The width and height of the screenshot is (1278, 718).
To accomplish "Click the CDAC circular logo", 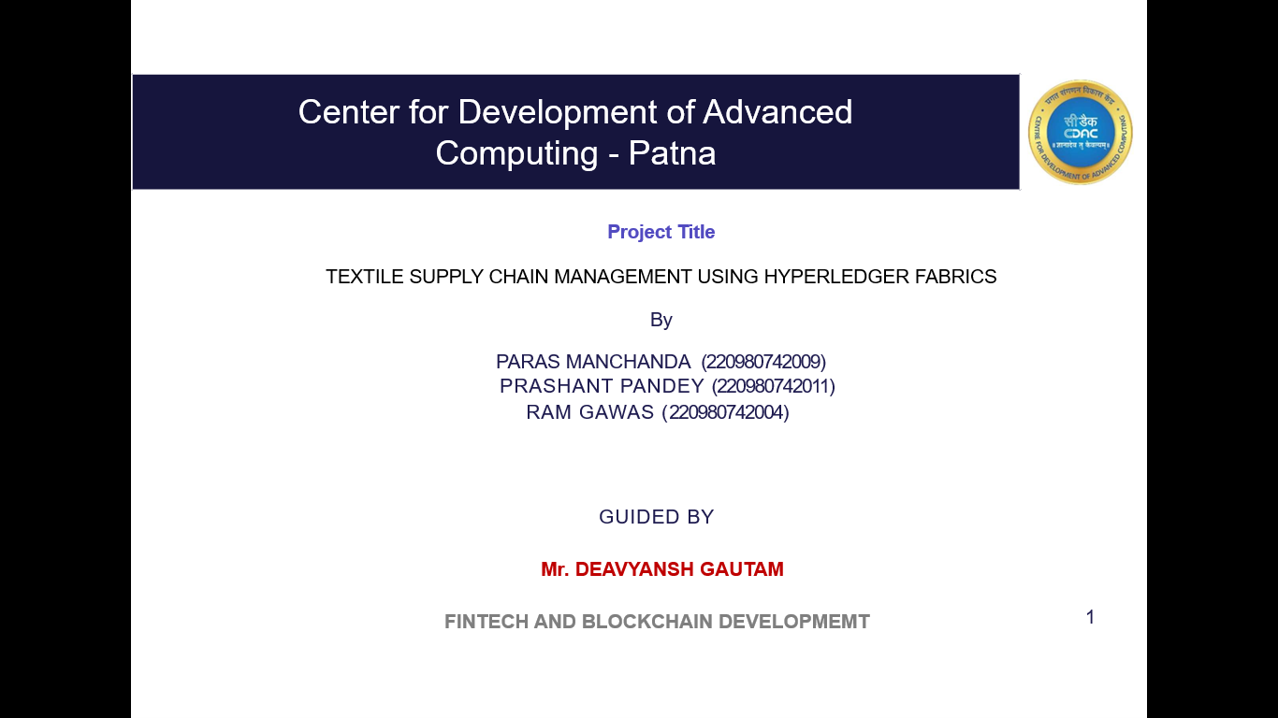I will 1080,132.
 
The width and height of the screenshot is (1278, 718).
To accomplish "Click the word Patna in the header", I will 672,152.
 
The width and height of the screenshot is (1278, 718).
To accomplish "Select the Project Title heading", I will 661,232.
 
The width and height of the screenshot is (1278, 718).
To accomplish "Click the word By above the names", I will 661,320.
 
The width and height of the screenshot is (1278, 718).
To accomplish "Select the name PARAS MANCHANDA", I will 593,362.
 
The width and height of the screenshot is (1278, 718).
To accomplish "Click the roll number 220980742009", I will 763,362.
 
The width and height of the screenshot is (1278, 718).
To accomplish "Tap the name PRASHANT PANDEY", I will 602,386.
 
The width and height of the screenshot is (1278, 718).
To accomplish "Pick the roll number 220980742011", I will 774,386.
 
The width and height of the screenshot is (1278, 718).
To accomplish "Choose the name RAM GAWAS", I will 589,412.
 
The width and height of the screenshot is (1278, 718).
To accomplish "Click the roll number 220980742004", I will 726,412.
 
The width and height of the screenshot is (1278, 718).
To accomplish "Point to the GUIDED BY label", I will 656,517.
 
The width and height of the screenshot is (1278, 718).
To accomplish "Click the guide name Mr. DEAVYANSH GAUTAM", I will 662,569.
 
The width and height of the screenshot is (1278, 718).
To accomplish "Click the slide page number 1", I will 1090,617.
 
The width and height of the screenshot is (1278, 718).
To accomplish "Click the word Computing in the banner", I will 516,152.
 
